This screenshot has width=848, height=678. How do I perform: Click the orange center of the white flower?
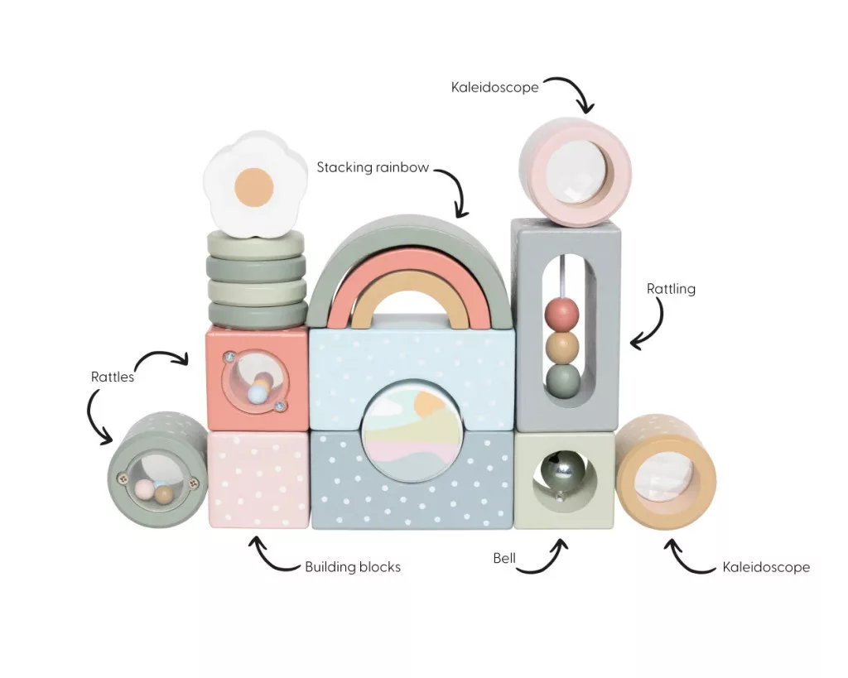coord(254,186)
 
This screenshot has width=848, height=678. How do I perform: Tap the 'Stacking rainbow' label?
coord(373,167)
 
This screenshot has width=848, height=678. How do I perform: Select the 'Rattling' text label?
coord(671,289)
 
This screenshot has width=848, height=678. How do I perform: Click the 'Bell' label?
coord(504,558)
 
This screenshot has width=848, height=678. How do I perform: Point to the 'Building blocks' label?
coord(353,566)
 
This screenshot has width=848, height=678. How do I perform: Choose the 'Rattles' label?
coord(113,377)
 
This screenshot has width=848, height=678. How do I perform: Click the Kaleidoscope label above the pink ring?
coord(495,87)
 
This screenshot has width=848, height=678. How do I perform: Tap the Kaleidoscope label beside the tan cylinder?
coord(766,567)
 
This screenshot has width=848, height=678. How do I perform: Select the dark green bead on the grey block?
coord(562,381)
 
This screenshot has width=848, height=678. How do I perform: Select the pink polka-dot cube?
coord(258,479)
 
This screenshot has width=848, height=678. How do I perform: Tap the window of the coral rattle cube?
coord(255,381)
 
